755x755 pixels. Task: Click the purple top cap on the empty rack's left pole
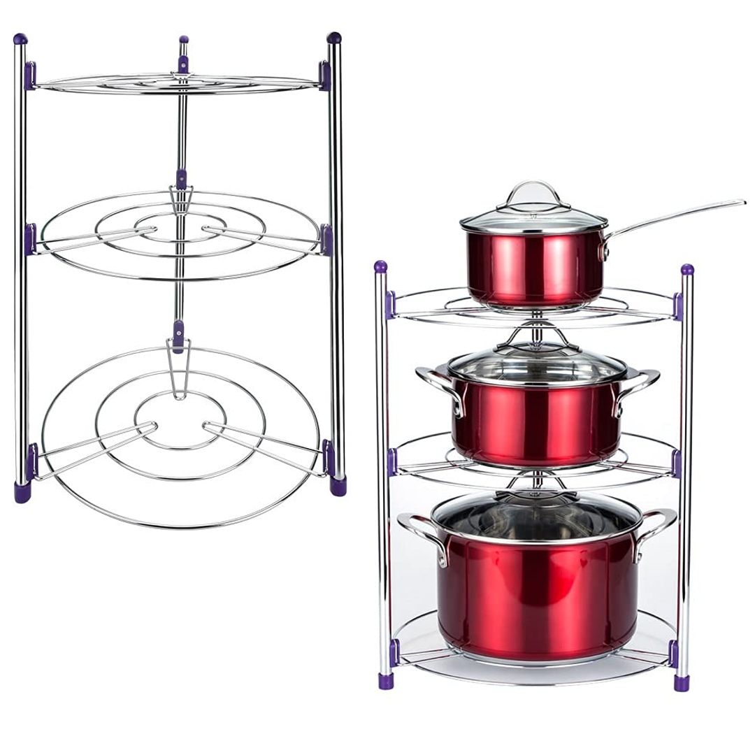[20, 39]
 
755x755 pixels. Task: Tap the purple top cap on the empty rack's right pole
[334, 38]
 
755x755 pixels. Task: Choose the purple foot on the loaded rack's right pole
[682, 682]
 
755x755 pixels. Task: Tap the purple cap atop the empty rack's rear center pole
[183, 41]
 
